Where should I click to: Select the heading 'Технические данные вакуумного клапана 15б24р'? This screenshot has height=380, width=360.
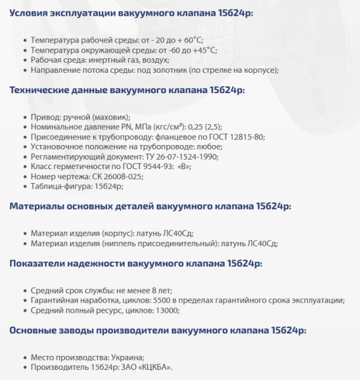click(x=127, y=90)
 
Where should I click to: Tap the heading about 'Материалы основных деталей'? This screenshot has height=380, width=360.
click(x=150, y=206)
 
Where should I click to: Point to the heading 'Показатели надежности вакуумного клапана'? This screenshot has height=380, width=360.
click(x=136, y=263)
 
